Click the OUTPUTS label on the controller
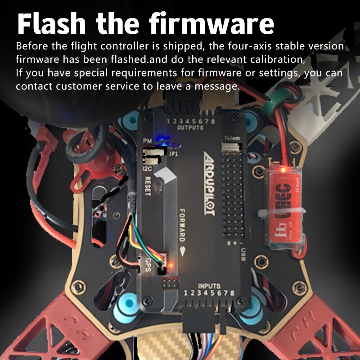point(190,128)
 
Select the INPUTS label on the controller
point(209,286)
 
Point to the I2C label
point(146,169)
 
